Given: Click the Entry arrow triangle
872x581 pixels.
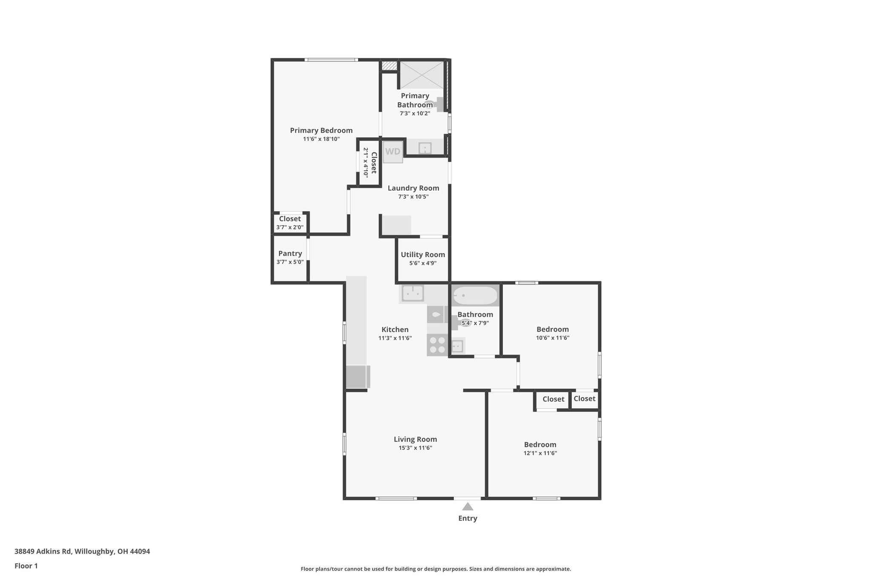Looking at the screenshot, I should tap(468, 507).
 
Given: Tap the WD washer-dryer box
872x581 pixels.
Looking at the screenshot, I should tap(393, 152).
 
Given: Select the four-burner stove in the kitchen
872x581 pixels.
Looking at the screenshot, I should tap(437, 345).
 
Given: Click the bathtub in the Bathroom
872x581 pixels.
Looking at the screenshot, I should tap(475, 295).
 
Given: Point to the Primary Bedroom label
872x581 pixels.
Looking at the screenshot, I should tap(321, 131).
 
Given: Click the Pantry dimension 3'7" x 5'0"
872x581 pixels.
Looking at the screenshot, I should tap(290, 262).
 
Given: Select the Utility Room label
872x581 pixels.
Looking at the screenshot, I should tap(423, 255).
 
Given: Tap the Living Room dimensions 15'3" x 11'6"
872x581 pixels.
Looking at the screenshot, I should tap(415, 448).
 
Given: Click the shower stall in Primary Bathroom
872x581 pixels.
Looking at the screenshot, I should tap(422, 75).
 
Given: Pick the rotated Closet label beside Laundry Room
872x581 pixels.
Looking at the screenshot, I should tap(373, 163).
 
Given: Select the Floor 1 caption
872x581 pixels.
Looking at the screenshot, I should tap(26, 566).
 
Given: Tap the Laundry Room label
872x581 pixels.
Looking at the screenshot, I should tap(413, 188).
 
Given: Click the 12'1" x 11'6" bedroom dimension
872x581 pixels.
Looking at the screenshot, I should tap(540, 453).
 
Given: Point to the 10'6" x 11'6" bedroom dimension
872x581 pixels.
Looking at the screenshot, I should tap(553, 338).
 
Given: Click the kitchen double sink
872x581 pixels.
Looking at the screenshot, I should tap(413, 293).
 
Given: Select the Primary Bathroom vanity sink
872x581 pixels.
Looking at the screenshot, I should tap(425, 148).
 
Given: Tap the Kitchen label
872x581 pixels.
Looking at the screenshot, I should tap(395, 329).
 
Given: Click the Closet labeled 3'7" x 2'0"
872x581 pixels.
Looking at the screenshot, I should tap(290, 223).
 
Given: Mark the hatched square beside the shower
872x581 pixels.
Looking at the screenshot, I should tap(388, 66).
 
